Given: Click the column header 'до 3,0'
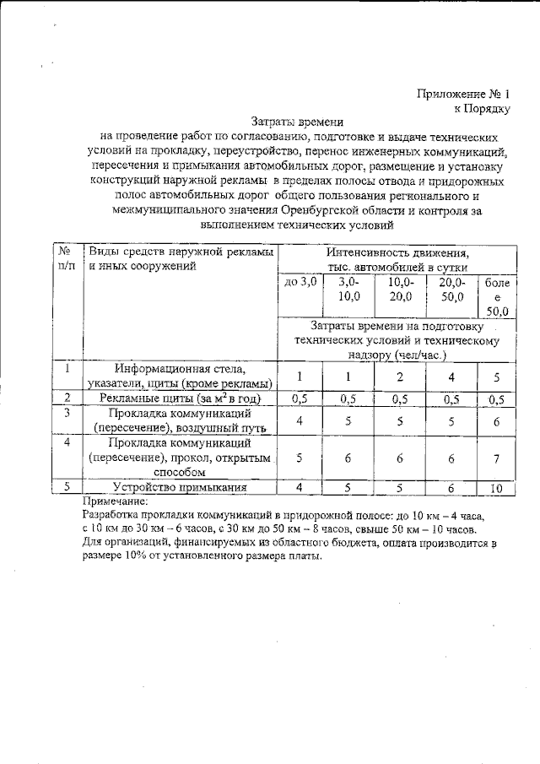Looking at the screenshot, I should point(300,282).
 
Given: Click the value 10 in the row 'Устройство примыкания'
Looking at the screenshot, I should point(495,487).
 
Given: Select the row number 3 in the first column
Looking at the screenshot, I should point(65,413).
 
